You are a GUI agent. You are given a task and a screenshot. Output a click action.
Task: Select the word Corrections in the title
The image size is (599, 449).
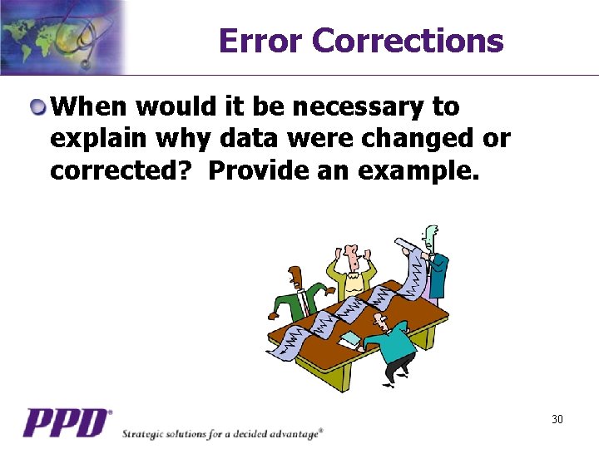408,41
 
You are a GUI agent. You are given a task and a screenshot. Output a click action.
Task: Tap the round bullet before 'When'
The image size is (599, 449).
39,107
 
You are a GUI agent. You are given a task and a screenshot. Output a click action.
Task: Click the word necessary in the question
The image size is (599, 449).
358,107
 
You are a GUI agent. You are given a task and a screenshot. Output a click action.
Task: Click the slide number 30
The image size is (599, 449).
557,419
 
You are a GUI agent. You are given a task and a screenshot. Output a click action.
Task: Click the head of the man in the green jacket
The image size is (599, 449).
295,277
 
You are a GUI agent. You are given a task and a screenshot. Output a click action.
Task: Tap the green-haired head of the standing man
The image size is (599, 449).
430,234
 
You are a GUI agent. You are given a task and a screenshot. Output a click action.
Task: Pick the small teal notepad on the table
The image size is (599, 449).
350,339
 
